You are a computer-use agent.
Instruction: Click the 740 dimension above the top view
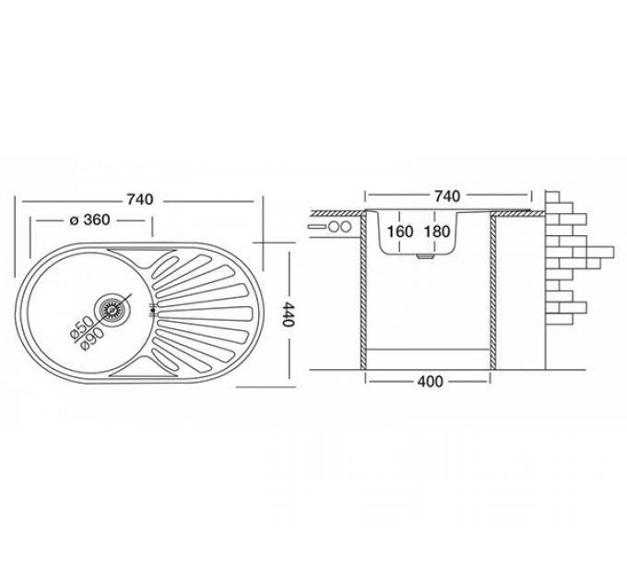pos(140,199)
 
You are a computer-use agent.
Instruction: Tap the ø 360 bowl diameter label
pos(89,219)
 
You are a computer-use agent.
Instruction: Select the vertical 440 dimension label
pos(288,314)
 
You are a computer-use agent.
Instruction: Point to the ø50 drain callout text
pos(81,327)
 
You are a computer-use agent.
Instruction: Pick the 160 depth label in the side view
pos(400,231)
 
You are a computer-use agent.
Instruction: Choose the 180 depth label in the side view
pos(437,231)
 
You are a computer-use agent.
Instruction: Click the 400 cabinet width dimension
pos(430,382)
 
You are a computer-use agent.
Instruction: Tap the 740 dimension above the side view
pos(447,196)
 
